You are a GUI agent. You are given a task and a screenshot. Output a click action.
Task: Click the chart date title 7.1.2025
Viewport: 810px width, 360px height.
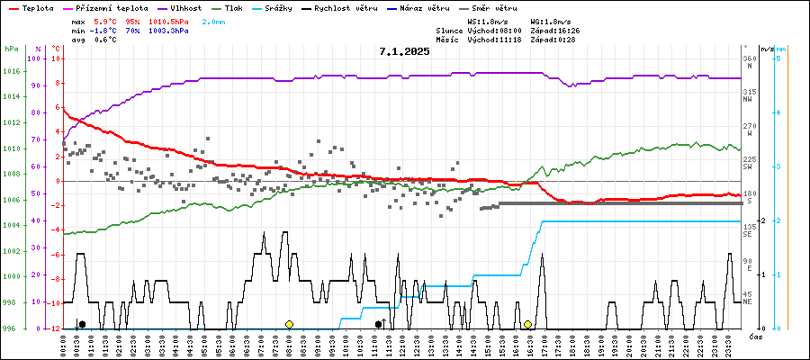coord(404,51)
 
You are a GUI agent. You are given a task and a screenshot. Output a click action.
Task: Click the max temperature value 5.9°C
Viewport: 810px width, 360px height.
coord(104,21)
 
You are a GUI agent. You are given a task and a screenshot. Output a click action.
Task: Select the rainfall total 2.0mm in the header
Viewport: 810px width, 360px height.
coord(213,21)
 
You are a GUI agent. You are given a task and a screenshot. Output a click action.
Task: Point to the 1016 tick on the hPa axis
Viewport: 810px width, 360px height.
coord(11,71)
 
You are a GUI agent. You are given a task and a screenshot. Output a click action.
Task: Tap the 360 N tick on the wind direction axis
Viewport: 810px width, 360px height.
coord(749,62)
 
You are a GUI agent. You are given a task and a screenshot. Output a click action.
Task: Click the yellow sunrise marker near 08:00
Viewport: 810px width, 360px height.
coord(289,324)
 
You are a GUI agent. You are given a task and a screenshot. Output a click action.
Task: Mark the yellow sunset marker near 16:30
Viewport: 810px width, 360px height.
coord(528,324)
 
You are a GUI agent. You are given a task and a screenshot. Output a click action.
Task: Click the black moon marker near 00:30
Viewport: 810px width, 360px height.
coord(82,324)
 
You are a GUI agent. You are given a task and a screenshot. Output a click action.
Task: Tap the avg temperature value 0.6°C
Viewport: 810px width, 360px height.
coord(104,40)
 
